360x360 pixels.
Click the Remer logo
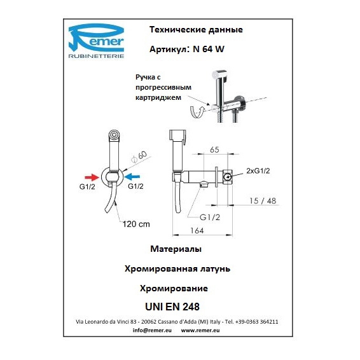(x=97, y=41)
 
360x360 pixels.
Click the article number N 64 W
(x=209, y=49)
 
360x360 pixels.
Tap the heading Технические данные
(x=196, y=30)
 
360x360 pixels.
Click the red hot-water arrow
(x=92, y=177)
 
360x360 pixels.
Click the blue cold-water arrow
(x=133, y=177)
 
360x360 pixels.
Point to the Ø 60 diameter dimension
(x=139, y=156)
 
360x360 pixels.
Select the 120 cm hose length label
(x=136, y=224)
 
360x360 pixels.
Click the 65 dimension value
(x=214, y=149)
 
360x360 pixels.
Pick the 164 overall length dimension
(x=197, y=230)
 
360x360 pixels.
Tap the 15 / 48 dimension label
(x=263, y=201)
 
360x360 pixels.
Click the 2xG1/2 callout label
(x=258, y=171)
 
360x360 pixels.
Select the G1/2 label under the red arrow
(x=87, y=186)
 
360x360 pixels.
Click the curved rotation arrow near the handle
(x=197, y=111)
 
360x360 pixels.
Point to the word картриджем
(x=158, y=97)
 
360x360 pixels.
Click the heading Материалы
(x=176, y=249)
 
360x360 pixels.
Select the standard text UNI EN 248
(x=172, y=307)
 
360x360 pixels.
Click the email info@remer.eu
(x=152, y=330)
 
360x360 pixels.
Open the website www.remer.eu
(x=200, y=330)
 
